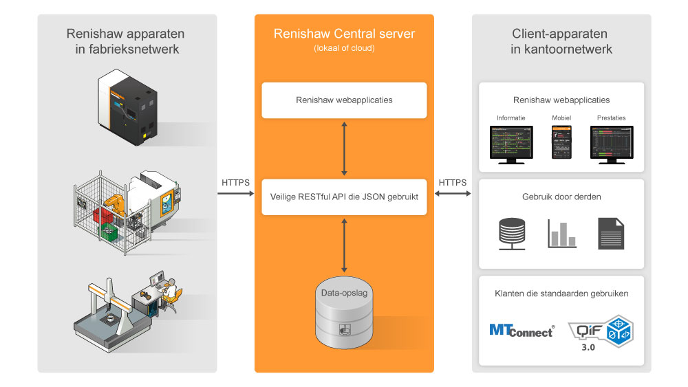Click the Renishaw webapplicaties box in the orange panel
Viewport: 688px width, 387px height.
[344, 100]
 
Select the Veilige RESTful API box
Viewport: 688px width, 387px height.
[344, 196]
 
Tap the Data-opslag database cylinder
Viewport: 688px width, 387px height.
[344, 312]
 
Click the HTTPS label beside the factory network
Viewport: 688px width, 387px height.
[235, 183]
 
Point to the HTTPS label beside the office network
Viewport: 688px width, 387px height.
[453, 183]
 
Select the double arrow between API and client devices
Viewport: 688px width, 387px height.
[453, 195]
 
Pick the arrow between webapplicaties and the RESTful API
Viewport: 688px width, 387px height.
[344, 148]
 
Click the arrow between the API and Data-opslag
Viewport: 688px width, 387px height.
[344, 243]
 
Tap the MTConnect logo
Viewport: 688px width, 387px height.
[521, 331]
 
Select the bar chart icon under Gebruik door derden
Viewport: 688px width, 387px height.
[561, 233]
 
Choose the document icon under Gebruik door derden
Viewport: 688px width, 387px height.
[611, 233]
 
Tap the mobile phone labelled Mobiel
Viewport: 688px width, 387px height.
[561, 142]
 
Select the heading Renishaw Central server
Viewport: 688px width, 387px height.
[344, 34]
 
